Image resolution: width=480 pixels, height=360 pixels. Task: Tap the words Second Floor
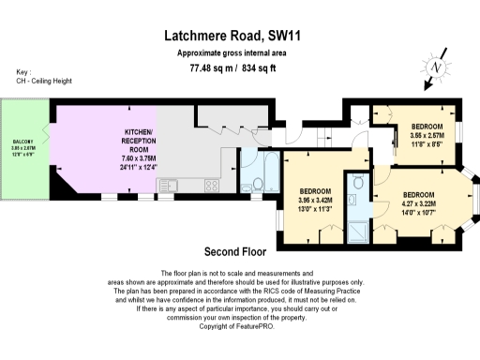(235, 251)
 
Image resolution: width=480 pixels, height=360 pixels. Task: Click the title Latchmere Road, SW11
(239, 35)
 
